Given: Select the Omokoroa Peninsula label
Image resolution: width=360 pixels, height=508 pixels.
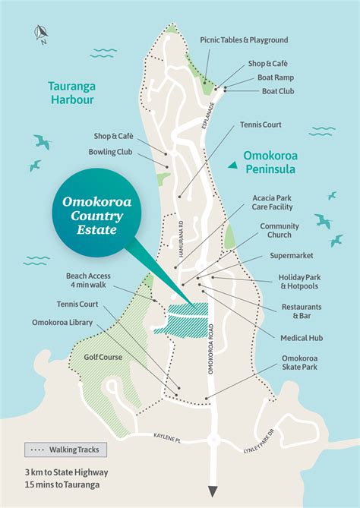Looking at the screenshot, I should pyautogui.click(x=277, y=163).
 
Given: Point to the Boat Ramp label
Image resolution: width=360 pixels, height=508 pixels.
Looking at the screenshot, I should pyautogui.click(x=274, y=77).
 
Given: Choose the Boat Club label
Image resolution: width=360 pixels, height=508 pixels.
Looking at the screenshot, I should pyautogui.click(x=275, y=90).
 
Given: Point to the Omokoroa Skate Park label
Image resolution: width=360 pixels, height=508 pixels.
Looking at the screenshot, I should pyautogui.click(x=298, y=362).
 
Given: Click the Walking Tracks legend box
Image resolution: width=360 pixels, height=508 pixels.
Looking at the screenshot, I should pyautogui.click(x=65, y=450).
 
